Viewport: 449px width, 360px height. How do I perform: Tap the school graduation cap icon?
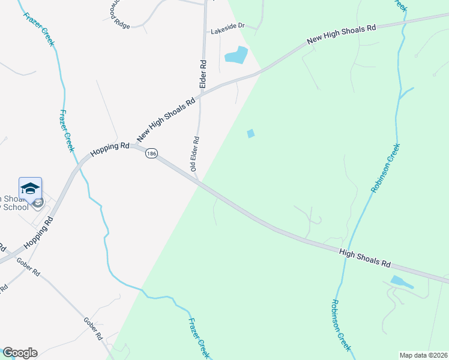click(30, 189)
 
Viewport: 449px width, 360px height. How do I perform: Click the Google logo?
click(19, 353)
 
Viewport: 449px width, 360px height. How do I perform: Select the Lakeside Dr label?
click(227, 26)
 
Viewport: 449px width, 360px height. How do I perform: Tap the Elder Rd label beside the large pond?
click(203, 74)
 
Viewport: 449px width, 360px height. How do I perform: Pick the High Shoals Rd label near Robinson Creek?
click(365, 259)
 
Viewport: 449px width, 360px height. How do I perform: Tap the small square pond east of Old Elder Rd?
click(251, 133)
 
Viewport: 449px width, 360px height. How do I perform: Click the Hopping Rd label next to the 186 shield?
click(110, 149)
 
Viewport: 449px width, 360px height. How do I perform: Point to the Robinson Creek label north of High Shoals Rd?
click(385, 168)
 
